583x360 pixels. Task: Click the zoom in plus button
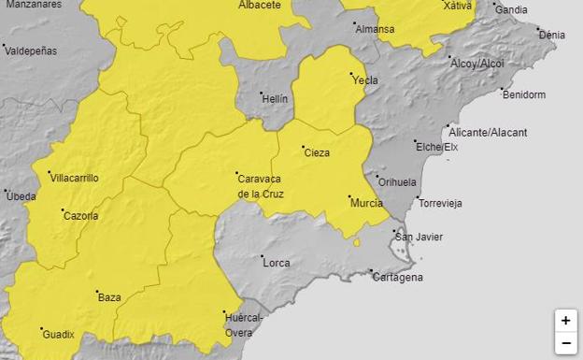[x=565, y=321]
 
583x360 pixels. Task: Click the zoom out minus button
[x=565, y=343]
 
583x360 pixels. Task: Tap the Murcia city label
[x=365, y=203]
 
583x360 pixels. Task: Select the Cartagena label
[x=397, y=277]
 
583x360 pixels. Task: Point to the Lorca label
[x=277, y=263]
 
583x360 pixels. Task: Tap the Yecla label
[x=364, y=80]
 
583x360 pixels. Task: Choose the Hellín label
[x=275, y=98]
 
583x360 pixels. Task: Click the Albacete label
[x=260, y=6]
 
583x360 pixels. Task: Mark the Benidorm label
[x=523, y=94]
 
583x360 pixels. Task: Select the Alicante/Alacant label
[x=489, y=133]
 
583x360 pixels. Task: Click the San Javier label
[x=419, y=237]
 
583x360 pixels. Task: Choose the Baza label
[x=109, y=297]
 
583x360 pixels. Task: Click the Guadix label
[x=57, y=333]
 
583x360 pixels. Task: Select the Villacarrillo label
[x=74, y=178]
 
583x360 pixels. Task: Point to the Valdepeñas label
[x=31, y=50]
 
